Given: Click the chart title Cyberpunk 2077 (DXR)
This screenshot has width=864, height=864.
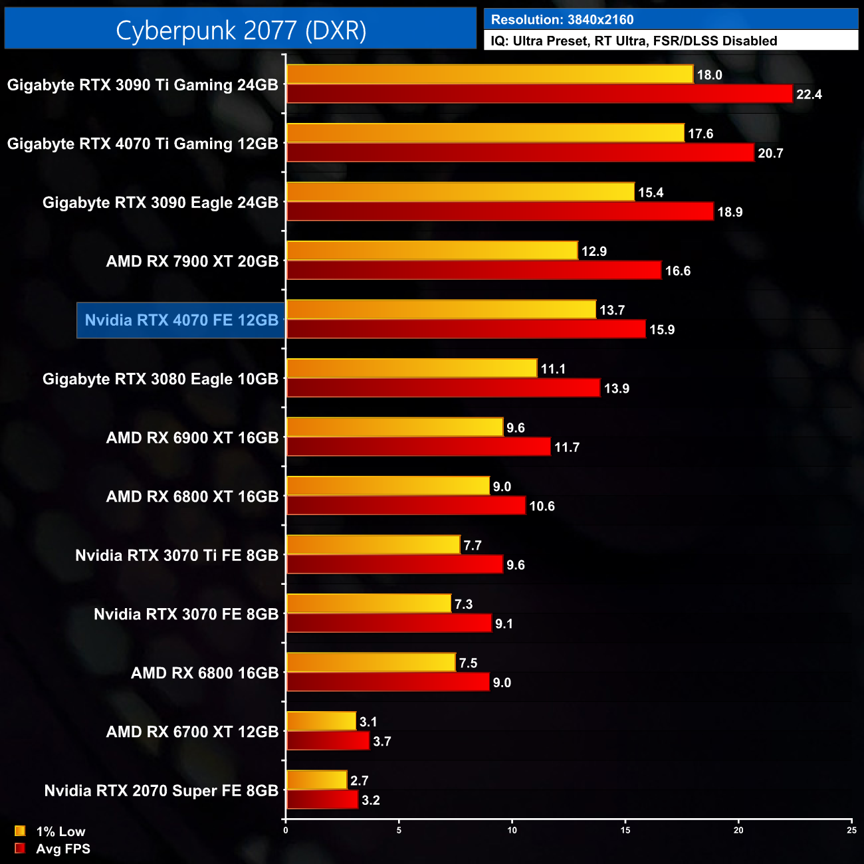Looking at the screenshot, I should tap(241, 30).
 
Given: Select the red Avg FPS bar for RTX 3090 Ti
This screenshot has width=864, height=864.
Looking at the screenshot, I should tap(539, 94).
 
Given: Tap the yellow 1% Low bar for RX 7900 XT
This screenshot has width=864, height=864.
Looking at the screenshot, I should tap(432, 251).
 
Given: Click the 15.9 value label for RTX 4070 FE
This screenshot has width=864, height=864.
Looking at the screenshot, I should tap(662, 330).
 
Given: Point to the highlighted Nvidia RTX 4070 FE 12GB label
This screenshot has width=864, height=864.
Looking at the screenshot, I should tap(181, 320).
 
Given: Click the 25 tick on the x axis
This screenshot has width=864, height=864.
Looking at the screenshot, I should tap(851, 830).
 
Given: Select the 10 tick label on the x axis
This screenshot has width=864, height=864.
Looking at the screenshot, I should tap(512, 830).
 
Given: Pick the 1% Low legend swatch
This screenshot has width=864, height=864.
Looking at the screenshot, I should tap(20, 831).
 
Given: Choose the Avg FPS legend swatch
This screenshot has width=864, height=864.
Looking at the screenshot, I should tap(20, 848).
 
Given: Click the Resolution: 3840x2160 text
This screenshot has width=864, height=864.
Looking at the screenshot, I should tap(562, 20).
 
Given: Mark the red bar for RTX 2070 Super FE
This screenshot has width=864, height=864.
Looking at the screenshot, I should tap(322, 800).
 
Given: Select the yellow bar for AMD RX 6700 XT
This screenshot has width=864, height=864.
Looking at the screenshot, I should tap(321, 721).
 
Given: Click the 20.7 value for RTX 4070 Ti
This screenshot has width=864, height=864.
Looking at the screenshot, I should tap(770, 153).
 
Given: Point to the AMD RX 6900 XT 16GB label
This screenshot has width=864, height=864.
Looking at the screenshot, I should tap(192, 438).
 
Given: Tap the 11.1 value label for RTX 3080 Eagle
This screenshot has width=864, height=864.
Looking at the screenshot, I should tap(553, 369).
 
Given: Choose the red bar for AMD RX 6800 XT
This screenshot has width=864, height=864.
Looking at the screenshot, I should tap(405, 506).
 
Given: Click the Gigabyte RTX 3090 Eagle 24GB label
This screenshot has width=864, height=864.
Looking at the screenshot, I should tap(160, 203).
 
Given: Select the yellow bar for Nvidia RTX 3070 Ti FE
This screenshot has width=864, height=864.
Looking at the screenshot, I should tap(373, 545).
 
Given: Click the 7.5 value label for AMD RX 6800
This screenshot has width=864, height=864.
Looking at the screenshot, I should tap(468, 663).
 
